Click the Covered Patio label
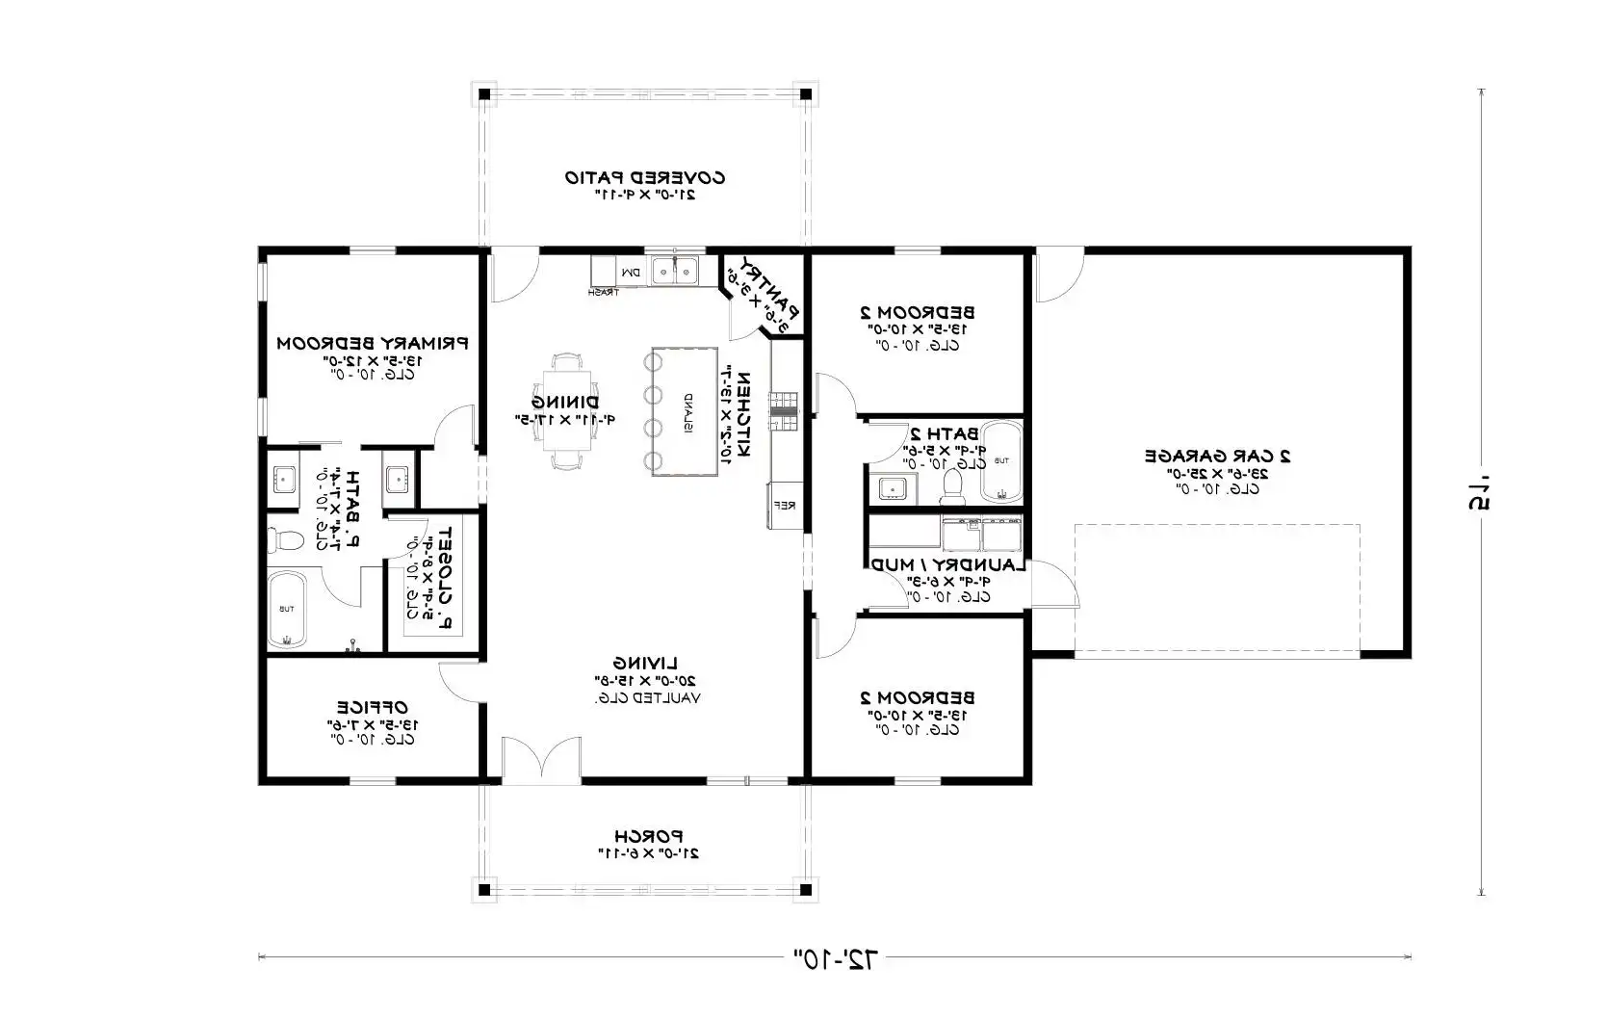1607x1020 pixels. [644, 178]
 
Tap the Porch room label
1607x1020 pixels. [648, 836]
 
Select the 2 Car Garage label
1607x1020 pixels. [1217, 456]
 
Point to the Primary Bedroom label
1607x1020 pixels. [372, 343]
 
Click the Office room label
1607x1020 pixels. [372, 708]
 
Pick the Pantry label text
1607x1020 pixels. [774, 292]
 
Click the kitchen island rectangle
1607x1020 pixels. [686, 411]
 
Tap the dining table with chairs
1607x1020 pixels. [566, 411]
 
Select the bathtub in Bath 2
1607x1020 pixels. [1000, 461]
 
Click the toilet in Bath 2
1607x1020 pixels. [952, 484]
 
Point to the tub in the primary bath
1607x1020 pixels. [287, 609]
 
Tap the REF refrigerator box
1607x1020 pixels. [784, 505]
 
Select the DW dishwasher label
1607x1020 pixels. [631, 274]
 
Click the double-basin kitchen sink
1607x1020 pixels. [676, 271]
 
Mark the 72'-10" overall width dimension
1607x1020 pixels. [836, 957]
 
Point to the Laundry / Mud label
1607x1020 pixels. [948, 565]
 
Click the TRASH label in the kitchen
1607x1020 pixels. [604, 292]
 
